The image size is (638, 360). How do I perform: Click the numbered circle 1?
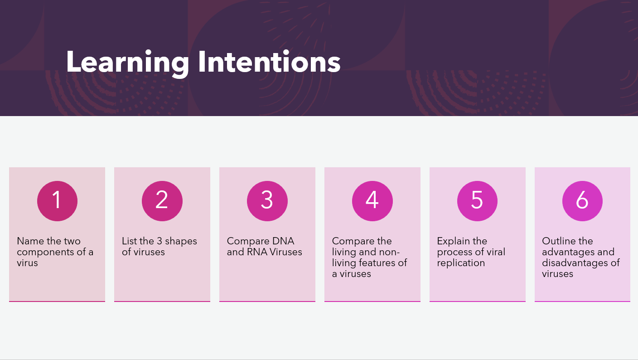click(57, 201)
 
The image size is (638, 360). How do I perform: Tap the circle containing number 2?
click(162, 201)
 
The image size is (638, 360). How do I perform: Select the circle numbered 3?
click(267, 201)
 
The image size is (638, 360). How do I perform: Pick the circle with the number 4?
click(372, 201)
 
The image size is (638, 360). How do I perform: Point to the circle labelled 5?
click(477, 201)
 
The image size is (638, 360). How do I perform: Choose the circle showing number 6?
click(582, 201)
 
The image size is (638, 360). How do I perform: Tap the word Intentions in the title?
click(269, 61)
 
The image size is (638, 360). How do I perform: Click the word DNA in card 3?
click(283, 241)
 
